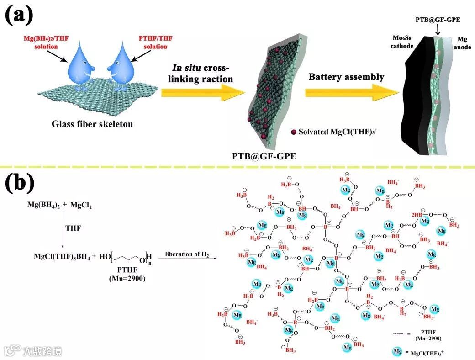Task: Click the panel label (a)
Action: (x=19, y=15)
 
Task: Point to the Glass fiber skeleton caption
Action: (x=92, y=124)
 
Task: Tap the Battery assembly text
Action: (x=346, y=77)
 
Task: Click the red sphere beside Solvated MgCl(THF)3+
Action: (x=293, y=132)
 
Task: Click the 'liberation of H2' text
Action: (x=187, y=254)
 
